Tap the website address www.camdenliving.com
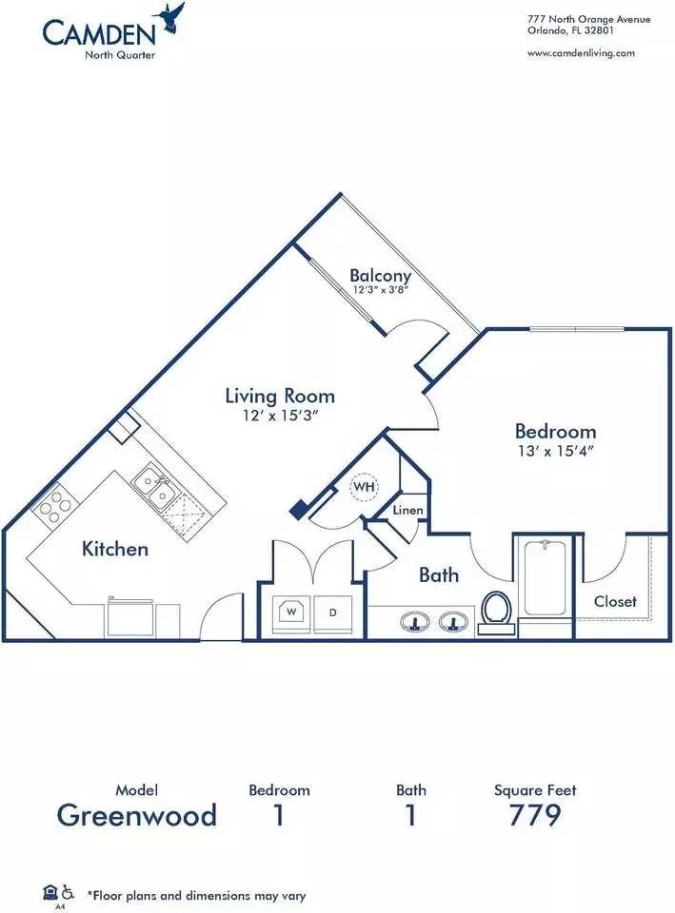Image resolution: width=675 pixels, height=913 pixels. click(581, 53)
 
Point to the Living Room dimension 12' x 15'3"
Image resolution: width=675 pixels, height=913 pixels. click(280, 416)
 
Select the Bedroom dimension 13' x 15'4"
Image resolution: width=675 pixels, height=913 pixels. click(555, 451)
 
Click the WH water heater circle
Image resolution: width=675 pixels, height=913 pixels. click(365, 487)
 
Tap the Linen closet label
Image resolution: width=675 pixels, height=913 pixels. click(407, 510)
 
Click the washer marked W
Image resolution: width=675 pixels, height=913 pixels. click(291, 612)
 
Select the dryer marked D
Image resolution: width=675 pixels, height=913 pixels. click(333, 612)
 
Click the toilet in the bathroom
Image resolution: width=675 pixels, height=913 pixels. click(497, 612)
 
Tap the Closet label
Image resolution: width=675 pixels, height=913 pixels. click(615, 601)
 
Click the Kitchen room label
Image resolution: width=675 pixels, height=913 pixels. click(115, 549)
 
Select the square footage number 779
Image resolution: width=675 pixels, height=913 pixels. click(534, 815)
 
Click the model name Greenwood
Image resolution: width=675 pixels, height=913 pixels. click(137, 815)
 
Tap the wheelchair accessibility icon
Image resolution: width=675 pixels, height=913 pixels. click(69, 891)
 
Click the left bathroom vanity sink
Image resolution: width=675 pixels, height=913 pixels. click(414, 622)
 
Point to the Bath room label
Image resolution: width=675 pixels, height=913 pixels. click(438, 575)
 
